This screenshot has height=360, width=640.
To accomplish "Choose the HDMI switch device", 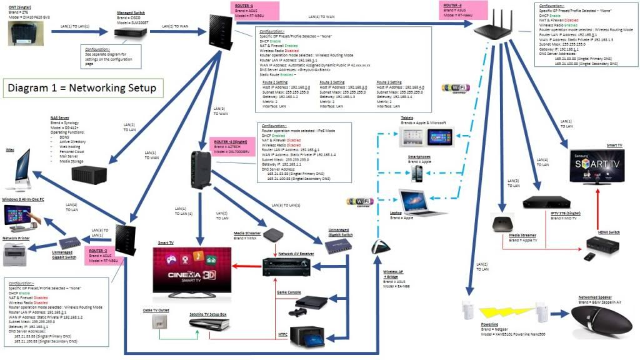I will [x=603, y=249].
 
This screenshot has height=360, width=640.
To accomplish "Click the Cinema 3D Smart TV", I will [x=191, y=269].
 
